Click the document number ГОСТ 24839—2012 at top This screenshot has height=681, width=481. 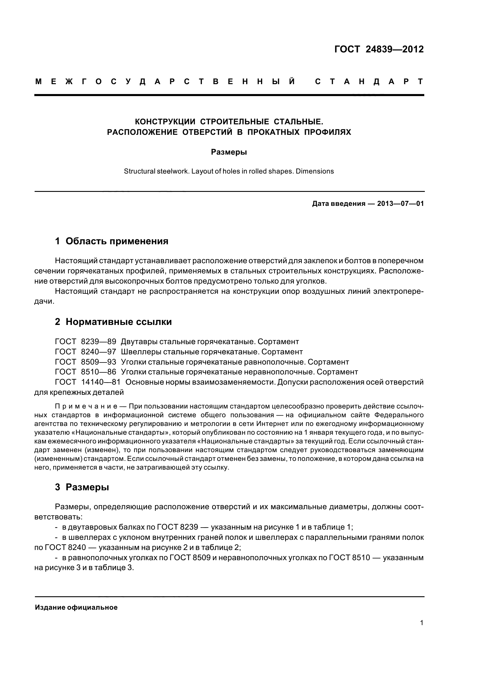click(379, 49)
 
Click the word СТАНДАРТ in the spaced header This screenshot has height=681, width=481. click(369, 82)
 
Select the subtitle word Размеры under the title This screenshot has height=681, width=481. click(229, 152)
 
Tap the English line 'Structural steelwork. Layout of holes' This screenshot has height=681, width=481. click(229, 171)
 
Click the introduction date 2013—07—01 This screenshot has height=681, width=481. click(400, 204)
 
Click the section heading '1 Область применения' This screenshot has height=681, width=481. click(112, 241)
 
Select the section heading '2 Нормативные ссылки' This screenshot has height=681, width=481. click(113, 322)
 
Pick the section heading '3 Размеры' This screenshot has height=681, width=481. click(82, 487)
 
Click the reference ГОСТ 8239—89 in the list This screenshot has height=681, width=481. click(86, 342)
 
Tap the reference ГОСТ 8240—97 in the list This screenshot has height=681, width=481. click(86, 352)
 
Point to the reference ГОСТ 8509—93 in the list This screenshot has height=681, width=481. click(86, 362)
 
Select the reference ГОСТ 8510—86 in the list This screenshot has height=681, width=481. click(86, 372)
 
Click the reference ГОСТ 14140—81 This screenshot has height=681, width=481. click(88, 382)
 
